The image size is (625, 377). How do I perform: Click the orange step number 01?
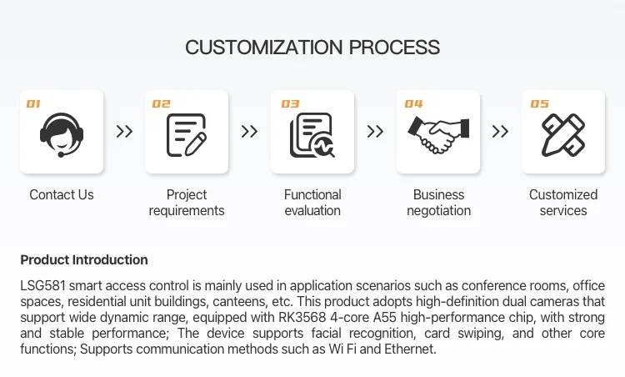tap(33, 104)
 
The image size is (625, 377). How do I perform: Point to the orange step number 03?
tap(290, 104)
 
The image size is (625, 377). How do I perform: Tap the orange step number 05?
tap(540, 104)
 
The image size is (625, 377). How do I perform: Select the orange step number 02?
tap(161, 104)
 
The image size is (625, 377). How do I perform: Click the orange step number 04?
tap(414, 104)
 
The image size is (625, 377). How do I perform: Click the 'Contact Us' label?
tap(62, 194)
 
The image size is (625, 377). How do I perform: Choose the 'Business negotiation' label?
tap(438, 203)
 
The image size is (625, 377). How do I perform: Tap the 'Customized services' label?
tap(563, 203)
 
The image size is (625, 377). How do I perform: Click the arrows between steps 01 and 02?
tap(124, 131)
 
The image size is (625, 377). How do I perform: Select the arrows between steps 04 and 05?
tap(500, 131)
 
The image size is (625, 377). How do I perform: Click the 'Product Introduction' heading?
tap(84, 259)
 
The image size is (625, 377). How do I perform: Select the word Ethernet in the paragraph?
tap(407, 349)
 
